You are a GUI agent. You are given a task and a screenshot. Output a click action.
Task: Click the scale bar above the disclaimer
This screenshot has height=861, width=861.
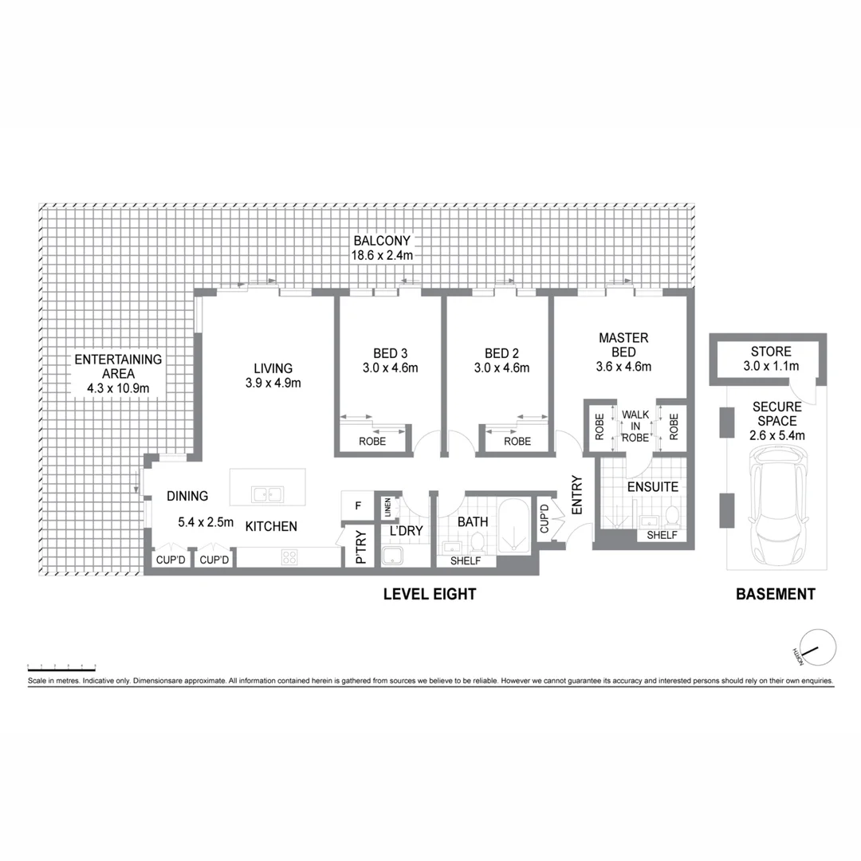61,666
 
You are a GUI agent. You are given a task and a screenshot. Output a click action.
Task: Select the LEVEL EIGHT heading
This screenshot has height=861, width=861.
430,594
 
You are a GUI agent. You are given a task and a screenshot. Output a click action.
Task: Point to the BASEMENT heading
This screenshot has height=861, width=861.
775,594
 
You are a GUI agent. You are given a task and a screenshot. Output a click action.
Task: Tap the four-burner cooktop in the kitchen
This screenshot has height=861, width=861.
289,558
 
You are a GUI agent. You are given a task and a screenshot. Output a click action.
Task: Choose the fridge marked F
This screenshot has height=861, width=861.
357,505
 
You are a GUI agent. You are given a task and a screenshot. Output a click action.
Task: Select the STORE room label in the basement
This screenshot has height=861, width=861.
771,352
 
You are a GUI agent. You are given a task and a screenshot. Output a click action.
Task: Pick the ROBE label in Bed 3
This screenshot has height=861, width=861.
372,441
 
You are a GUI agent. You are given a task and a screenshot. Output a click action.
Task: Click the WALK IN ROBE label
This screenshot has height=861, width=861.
635,426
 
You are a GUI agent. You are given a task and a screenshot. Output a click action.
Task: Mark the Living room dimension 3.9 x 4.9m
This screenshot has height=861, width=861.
273,383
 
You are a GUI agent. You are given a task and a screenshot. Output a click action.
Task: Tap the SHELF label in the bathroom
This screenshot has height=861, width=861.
466,561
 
